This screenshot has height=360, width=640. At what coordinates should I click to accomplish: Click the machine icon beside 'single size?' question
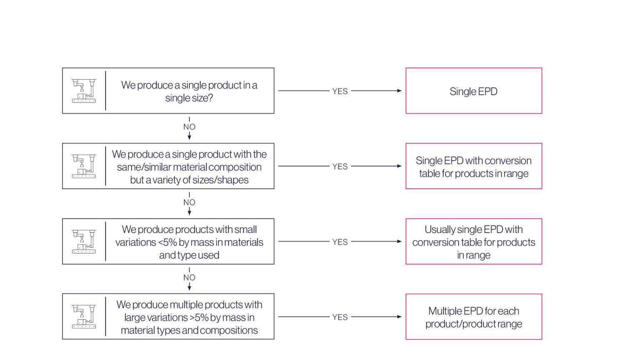coord(84,91)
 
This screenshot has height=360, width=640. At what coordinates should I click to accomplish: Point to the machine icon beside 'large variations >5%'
coord(84,317)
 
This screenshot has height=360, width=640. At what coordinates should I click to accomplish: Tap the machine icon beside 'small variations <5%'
coord(84,241)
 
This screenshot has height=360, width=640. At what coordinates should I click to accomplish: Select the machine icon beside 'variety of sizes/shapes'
coord(84,166)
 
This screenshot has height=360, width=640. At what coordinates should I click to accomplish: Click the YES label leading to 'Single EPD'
coord(340,91)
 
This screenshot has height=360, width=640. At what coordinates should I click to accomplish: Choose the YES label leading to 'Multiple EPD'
coord(340,317)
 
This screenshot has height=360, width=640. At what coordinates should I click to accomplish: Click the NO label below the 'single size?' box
coord(190,127)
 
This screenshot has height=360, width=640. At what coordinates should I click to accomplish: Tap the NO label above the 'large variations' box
coord(190,277)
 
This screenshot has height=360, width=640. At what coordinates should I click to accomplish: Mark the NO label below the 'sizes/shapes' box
coord(190,202)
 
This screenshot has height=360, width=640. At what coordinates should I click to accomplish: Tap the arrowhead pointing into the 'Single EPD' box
coord(399,90)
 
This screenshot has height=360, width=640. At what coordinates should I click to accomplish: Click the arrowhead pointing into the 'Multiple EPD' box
coord(399,317)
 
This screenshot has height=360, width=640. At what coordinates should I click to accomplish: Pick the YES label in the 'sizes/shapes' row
coord(340,166)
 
